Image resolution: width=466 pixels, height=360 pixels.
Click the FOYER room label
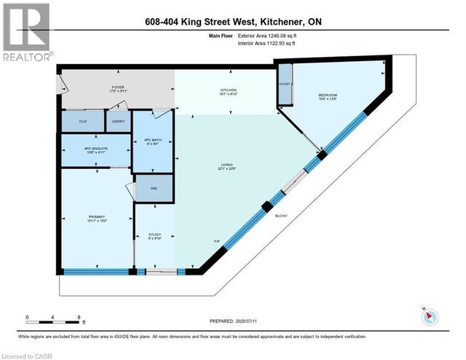click(119, 88)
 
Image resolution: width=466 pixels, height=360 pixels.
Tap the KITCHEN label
click(229, 91)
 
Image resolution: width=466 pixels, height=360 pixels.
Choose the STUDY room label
click(154, 234)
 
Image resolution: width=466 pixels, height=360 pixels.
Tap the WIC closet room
click(153, 189)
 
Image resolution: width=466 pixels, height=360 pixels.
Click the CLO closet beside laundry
click(83, 121)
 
